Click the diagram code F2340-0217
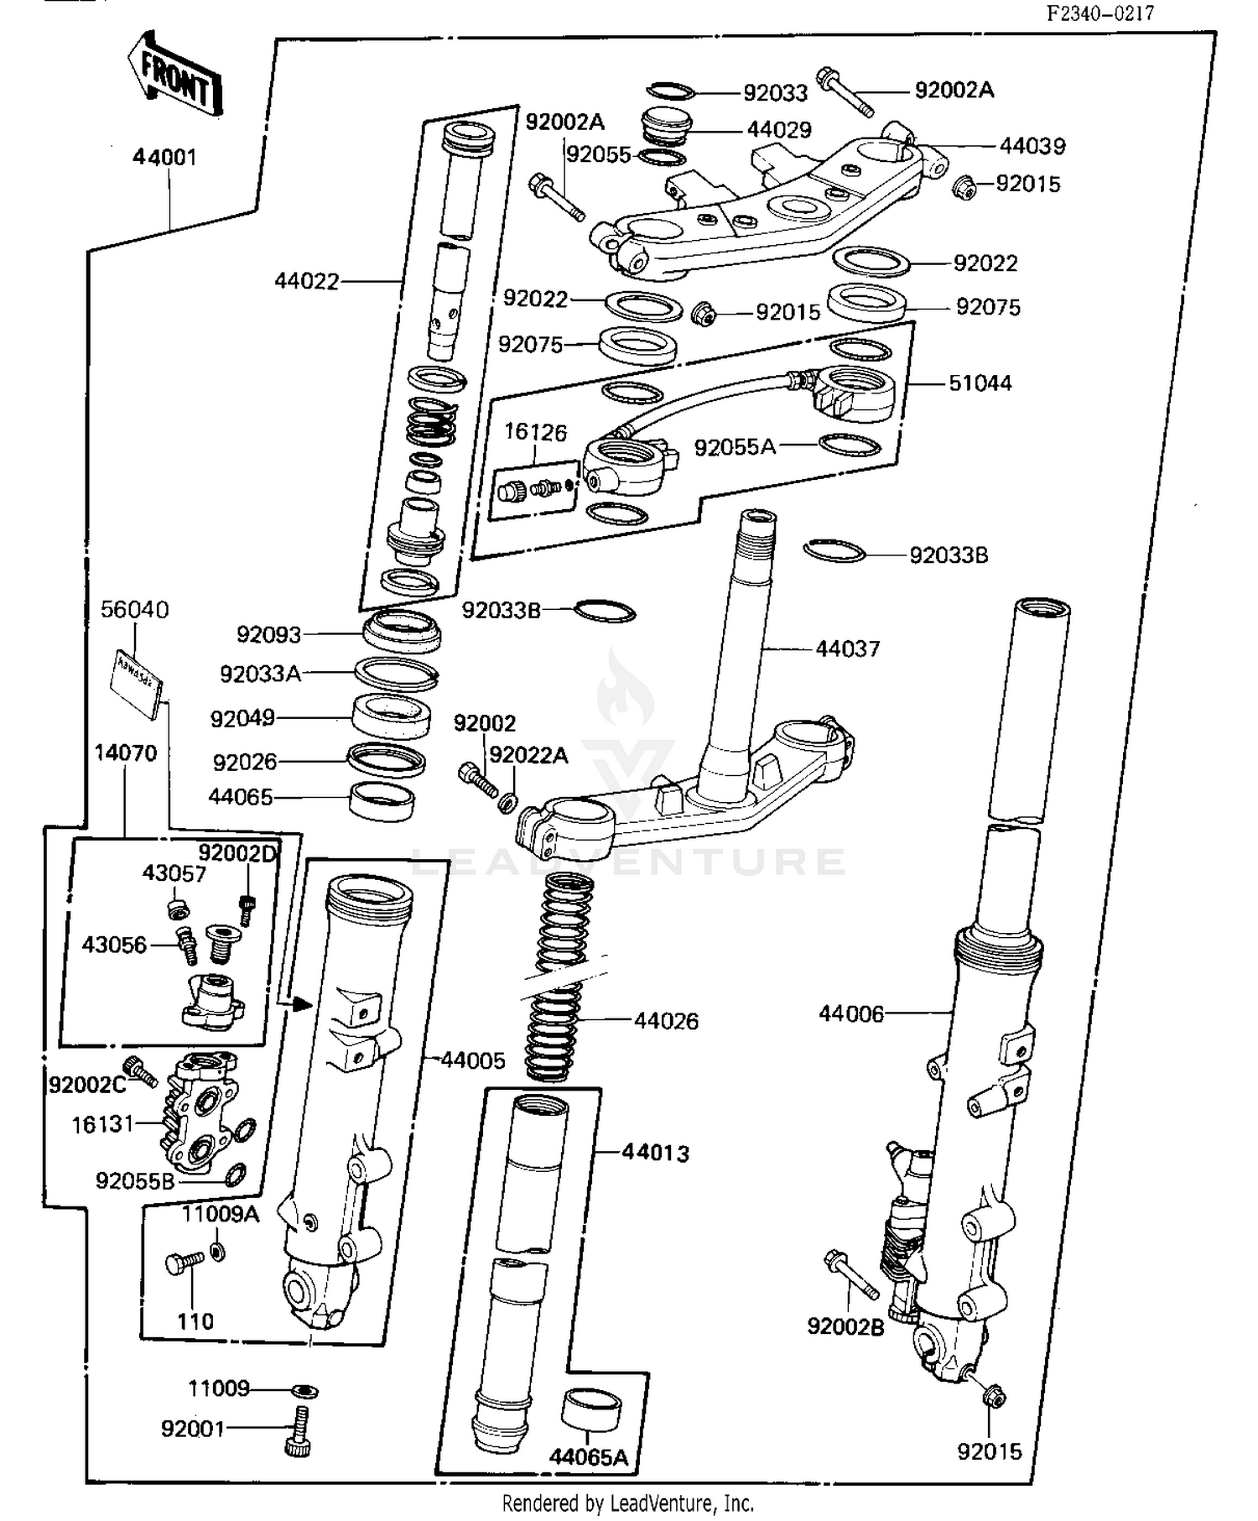pyautogui.click(x=1099, y=13)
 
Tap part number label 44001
pyautogui.click(x=164, y=157)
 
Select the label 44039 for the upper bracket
pyautogui.click(x=1032, y=146)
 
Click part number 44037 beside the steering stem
pyautogui.click(x=847, y=649)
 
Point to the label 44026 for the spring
pyautogui.click(x=666, y=1021)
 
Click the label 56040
pyautogui.click(x=134, y=610)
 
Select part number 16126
pyautogui.click(x=535, y=433)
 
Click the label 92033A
pyautogui.click(x=260, y=674)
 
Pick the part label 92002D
pyautogui.click(x=237, y=853)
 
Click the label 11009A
pyautogui.click(x=221, y=1214)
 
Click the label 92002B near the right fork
pyautogui.click(x=845, y=1326)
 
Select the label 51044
pyautogui.click(x=980, y=383)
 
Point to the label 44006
pyautogui.click(x=850, y=1014)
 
